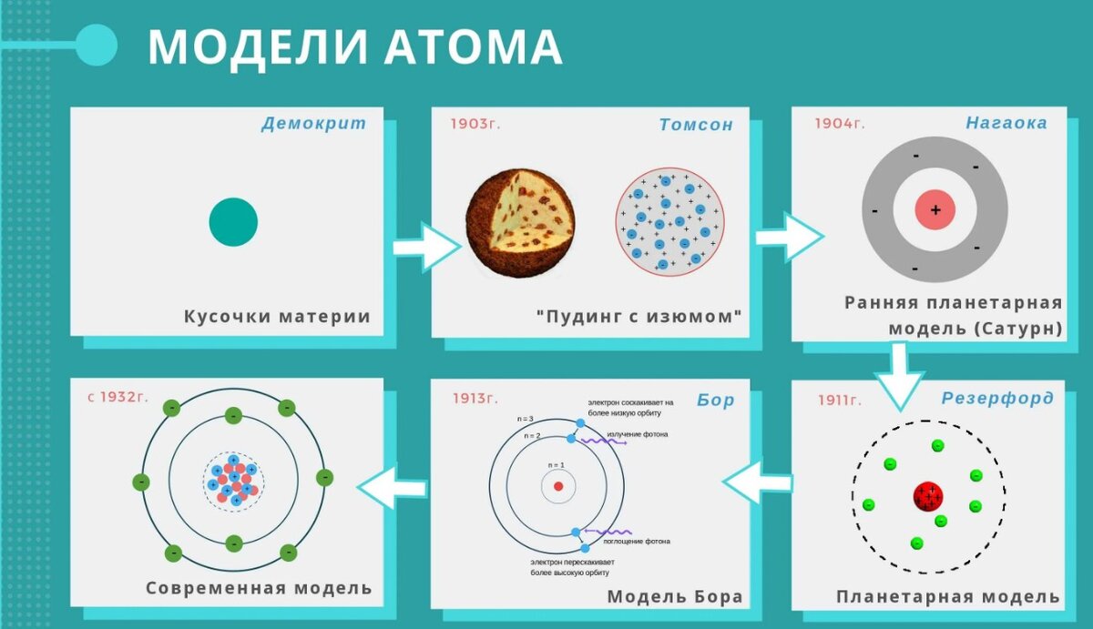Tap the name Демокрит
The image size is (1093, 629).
(313, 123)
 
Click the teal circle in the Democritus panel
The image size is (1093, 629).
(233, 222)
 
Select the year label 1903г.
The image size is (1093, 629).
(475, 124)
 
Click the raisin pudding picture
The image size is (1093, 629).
(520, 222)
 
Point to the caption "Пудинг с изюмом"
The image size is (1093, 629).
(639, 317)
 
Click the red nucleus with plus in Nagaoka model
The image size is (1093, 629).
(935, 210)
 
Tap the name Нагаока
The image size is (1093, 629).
(1006, 122)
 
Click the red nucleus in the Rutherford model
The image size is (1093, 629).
(927, 497)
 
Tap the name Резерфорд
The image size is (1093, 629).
(997, 398)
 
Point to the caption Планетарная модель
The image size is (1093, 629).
(948, 597)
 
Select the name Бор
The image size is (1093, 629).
(715, 400)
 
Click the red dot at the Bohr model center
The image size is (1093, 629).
(558, 486)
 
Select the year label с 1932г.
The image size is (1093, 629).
(117, 397)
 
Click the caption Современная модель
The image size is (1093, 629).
(259, 588)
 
